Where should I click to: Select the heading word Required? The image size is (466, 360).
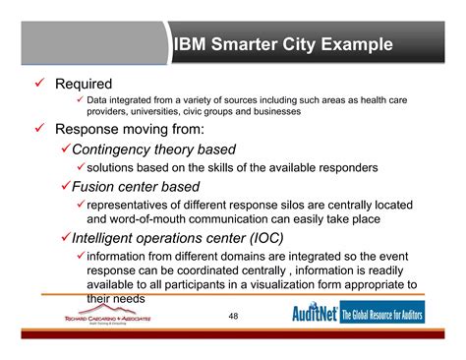tap(84, 85)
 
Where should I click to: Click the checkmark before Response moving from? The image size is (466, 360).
tap(41, 129)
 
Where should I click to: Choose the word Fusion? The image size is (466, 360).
tap(98, 186)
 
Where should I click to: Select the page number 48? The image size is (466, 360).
tap(233, 317)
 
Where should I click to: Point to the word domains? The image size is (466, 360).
tap(251, 256)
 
